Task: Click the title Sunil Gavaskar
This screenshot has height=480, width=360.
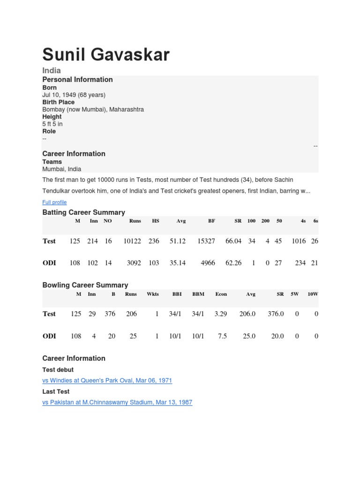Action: [x=106, y=55]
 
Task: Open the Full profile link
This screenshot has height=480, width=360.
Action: [x=54, y=202]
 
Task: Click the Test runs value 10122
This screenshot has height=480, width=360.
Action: [x=132, y=241]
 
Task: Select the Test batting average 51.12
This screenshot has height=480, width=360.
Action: [x=178, y=241]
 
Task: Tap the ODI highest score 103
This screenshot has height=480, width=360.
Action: [x=154, y=263]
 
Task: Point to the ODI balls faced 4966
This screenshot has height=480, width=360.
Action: [x=208, y=263]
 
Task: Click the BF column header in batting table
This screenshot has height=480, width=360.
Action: [x=211, y=221]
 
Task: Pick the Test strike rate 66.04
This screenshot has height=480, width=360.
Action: [x=233, y=241]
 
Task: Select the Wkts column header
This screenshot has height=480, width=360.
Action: [x=153, y=294]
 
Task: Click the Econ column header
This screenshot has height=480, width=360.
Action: [x=221, y=294]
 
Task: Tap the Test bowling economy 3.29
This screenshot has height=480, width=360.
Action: [x=221, y=314]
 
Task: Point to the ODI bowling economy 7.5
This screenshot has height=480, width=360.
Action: [x=223, y=336]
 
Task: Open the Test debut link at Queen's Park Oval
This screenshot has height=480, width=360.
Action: [x=107, y=380]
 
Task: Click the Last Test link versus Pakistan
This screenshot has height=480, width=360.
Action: [x=117, y=402]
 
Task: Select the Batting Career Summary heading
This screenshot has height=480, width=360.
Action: [x=84, y=212]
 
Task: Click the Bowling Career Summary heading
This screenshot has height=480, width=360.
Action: [x=85, y=285]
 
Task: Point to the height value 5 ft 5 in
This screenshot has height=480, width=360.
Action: [x=52, y=124]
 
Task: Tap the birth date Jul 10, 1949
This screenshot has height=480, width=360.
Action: [x=74, y=95]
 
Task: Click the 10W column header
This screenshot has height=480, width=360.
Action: [x=313, y=294]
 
